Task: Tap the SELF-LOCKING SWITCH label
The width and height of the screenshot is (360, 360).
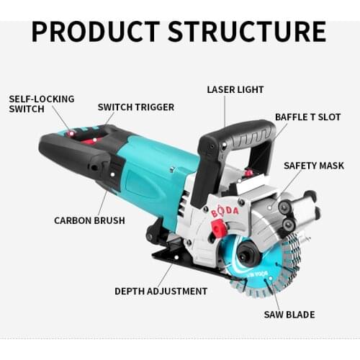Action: [x=31, y=104]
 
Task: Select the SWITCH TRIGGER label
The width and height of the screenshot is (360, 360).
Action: [x=135, y=107]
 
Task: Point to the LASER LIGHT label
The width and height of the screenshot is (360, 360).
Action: [x=235, y=90]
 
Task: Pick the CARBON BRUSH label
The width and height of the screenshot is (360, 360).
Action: [x=89, y=220]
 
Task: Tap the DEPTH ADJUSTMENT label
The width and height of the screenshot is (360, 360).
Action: [x=161, y=291]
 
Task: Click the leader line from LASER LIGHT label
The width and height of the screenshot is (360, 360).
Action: [x=225, y=112]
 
